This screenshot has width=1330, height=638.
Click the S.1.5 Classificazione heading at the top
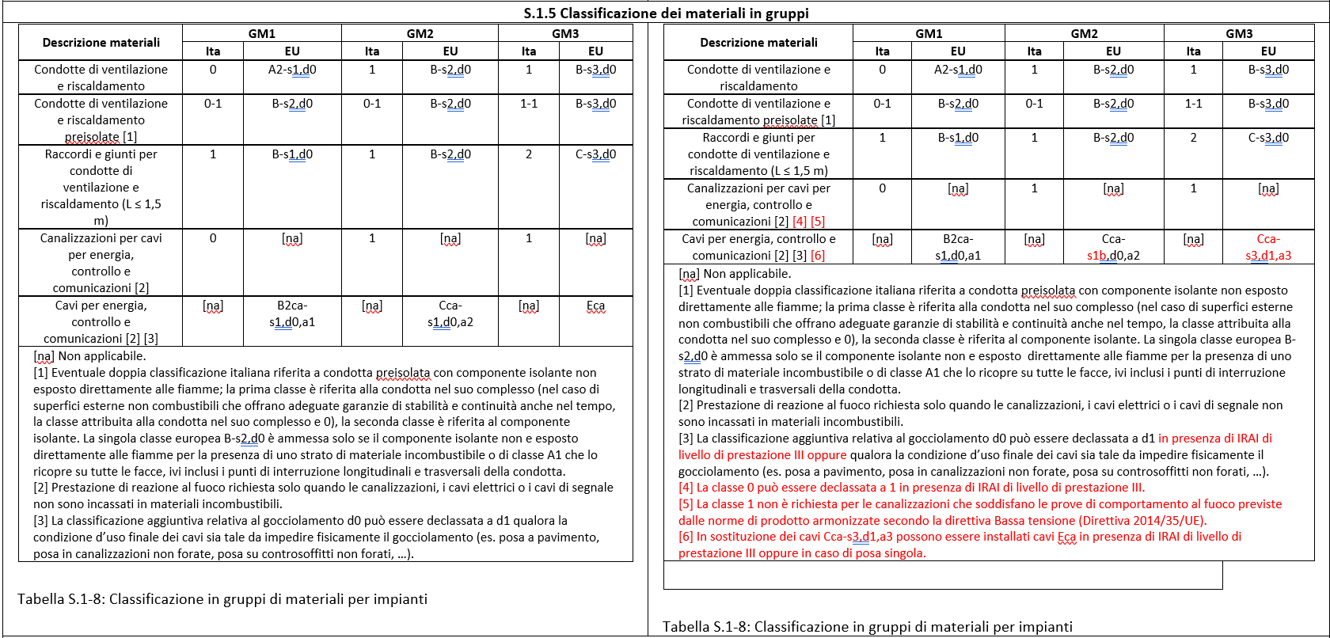click(666, 13)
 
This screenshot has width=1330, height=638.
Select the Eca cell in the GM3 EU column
click(595, 306)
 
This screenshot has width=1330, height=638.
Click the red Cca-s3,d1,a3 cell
click(1268, 247)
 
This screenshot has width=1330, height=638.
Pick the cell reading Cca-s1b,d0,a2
click(1113, 247)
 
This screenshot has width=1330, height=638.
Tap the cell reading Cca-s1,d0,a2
click(450, 313)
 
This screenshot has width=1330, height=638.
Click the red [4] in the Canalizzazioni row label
click(799, 222)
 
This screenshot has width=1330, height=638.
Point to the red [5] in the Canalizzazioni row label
click(818, 222)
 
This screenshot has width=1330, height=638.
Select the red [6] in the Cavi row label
click(818, 256)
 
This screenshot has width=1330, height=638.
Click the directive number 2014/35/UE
click(1168, 520)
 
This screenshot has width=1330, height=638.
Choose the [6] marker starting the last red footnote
click(686, 537)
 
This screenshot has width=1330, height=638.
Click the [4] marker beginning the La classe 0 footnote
click(686, 488)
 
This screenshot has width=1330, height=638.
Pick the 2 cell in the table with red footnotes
click(1193, 138)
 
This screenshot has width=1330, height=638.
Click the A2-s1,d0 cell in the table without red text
click(292, 70)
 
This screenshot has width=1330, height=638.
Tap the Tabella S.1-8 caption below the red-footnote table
click(867, 627)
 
